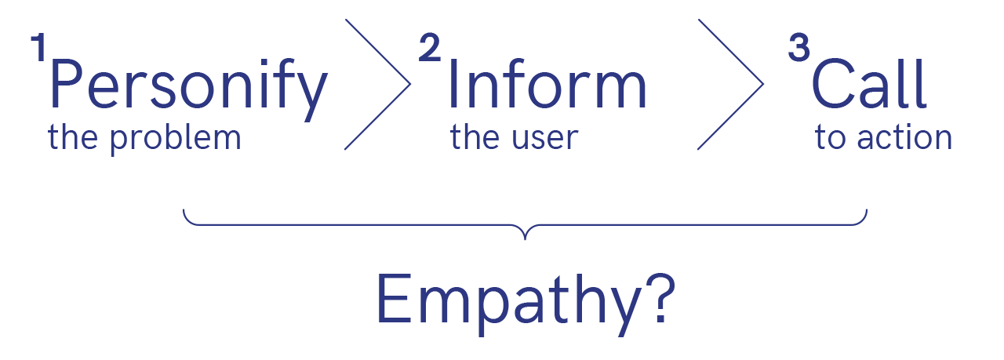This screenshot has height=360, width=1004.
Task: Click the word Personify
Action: point(187,88)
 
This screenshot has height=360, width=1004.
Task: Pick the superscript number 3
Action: point(798,49)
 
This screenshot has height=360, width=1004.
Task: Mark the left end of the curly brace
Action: point(184,211)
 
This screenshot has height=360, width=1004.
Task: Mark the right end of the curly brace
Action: point(867,211)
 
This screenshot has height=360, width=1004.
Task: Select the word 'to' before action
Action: point(828,139)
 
